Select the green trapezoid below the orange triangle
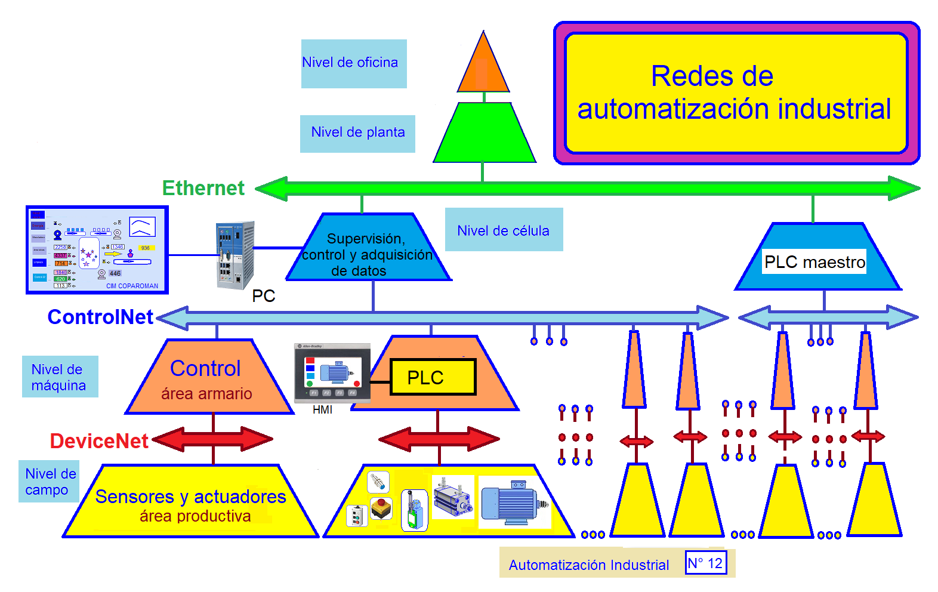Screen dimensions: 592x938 484,134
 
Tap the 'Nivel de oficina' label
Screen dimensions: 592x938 353,63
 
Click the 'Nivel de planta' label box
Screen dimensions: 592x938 357,133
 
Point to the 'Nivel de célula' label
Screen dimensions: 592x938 504,230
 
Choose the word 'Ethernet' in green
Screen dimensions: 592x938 203,188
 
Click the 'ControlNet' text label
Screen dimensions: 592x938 100,317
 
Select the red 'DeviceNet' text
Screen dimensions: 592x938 99,441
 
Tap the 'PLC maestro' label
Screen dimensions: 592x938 814,262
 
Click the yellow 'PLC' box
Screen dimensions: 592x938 433,377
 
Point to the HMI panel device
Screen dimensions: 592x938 332,373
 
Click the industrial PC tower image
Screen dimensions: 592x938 235,255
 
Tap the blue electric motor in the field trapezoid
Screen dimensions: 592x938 513,503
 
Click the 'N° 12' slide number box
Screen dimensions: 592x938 705,563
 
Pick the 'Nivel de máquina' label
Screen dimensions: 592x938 60,377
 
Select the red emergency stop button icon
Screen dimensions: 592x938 381,508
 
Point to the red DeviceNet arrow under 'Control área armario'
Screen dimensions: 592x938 212,440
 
